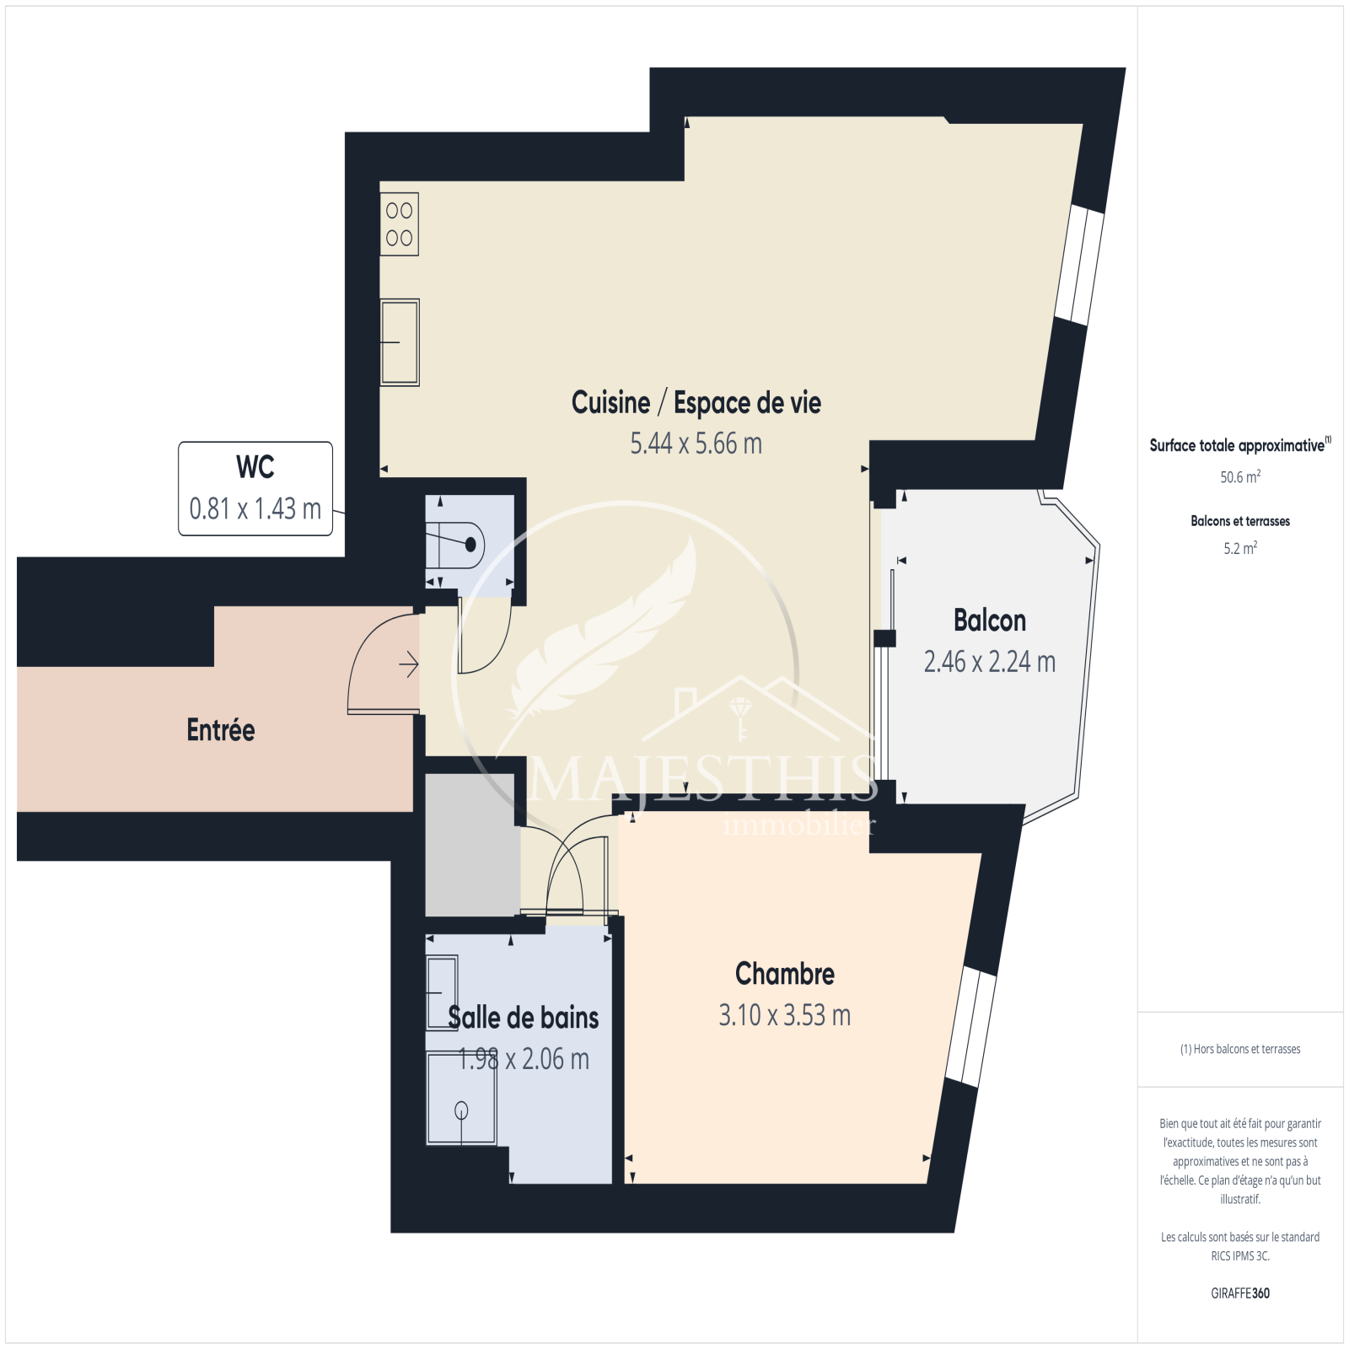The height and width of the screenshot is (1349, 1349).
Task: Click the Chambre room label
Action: [x=785, y=974]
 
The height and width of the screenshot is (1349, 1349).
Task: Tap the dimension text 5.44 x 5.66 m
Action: [x=696, y=443]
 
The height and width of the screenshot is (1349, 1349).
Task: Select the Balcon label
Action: [x=990, y=621]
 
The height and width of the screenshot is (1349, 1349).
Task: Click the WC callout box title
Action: [x=255, y=467]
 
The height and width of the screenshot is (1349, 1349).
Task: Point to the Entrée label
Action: [x=221, y=730]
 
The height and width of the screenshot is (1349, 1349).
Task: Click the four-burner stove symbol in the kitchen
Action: [x=400, y=225]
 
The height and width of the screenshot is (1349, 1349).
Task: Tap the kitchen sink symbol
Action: [x=400, y=342]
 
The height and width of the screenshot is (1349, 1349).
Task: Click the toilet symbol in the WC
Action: [x=455, y=545]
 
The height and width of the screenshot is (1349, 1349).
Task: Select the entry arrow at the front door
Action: [x=409, y=665]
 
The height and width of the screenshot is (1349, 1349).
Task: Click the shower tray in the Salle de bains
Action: [x=461, y=1099]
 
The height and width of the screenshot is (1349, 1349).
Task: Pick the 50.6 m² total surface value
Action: [x=1240, y=477]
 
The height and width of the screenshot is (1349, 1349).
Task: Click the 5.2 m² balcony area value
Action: [x=1240, y=549]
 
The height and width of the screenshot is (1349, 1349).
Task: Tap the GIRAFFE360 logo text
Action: [x=1240, y=1293]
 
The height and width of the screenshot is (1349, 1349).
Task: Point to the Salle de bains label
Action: [x=524, y=1018]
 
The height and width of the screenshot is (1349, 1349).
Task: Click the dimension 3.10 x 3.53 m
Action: [x=785, y=1015]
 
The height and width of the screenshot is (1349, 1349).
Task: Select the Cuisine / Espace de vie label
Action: [x=696, y=403]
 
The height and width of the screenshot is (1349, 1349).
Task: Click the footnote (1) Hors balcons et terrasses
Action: [x=1240, y=1050]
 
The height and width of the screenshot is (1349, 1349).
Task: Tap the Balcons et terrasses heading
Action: [x=1240, y=521]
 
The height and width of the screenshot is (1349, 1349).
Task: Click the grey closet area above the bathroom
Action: [x=471, y=845]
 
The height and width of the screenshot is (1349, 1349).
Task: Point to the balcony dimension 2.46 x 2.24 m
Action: [x=990, y=662]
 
